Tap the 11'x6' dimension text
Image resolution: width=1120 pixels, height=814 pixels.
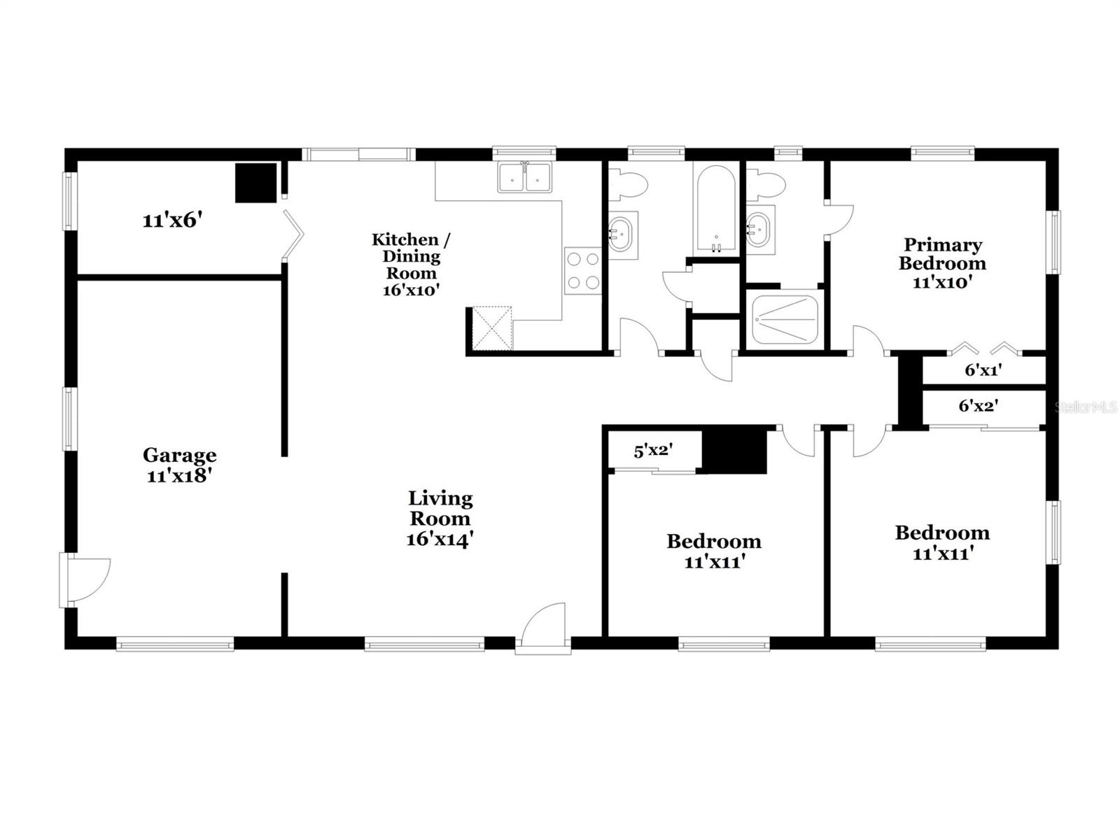172,220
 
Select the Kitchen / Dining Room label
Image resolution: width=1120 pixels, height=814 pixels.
411,264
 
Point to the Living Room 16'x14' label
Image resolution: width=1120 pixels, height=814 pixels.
440,519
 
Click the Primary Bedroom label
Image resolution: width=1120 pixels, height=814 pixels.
942,263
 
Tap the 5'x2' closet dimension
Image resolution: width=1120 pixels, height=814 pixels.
653,451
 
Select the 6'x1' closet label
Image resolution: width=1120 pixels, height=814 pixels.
983,370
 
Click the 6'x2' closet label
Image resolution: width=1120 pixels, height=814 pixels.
978,405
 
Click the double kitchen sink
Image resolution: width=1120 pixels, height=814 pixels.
524,177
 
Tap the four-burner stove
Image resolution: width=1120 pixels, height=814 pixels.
583,271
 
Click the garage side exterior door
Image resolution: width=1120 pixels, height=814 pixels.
85,580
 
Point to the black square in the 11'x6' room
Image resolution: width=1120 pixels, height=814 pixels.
255,183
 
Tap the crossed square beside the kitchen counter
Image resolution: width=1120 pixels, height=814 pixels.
492,328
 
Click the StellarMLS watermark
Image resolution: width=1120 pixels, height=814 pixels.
1086,407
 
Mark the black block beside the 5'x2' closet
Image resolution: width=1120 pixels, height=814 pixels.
735,451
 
